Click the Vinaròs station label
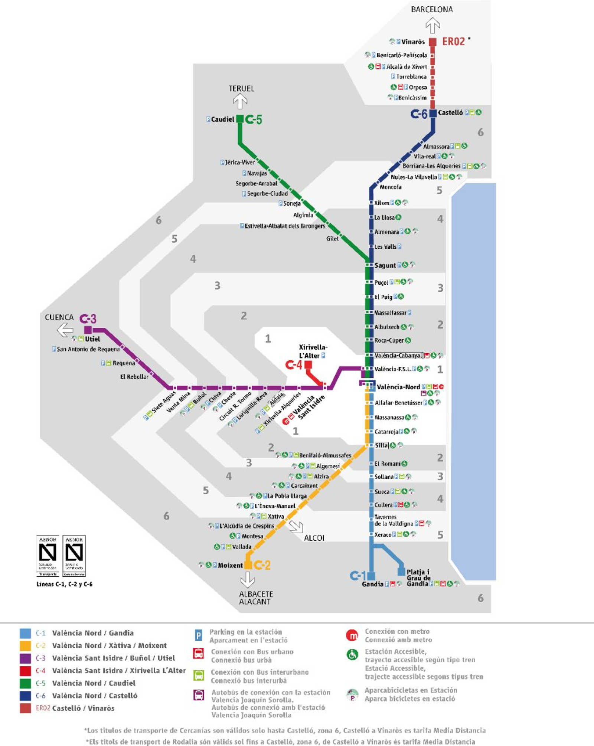[x=413, y=42]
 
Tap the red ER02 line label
[x=453, y=42]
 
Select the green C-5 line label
[x=254, y=120]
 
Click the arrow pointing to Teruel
[x=240, y=101]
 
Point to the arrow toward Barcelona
[x=433, y=26]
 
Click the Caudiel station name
[x=223, y=120]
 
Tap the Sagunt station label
[x=385, y=265]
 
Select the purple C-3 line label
[x=88, y=319]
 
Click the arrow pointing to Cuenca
[x=65, y=330]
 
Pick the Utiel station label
[x=92, y=339]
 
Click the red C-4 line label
[x=294, y=365]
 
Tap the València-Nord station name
[x=398, y=387]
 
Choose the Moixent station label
[x=230, y=565]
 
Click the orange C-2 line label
[x=262, y=565]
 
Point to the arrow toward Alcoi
[x=296, y=526]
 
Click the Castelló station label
[x=450, y=112]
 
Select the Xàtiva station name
[x=276, y=516]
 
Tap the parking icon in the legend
[x=199, y=636]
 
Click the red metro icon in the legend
[x=352, y=635]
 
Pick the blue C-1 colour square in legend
[x=25, y=633]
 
